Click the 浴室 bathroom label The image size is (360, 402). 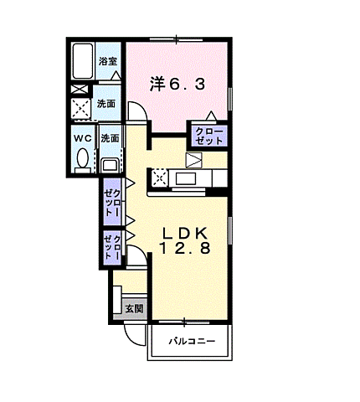108,61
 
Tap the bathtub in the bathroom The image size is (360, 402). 82,61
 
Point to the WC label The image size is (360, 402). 83,138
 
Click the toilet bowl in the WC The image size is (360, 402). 82,161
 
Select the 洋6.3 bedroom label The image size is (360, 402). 177,84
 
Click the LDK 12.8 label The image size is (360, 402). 184,240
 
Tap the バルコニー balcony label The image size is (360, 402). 192,341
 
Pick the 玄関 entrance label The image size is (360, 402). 134,308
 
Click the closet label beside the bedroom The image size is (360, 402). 209,136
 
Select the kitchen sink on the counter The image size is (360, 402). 186,178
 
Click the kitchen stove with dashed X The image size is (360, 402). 159,178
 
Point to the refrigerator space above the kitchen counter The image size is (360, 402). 193,160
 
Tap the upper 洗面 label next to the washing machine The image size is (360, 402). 106,104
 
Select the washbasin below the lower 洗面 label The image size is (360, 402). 110,165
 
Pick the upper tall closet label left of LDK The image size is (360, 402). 112,203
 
